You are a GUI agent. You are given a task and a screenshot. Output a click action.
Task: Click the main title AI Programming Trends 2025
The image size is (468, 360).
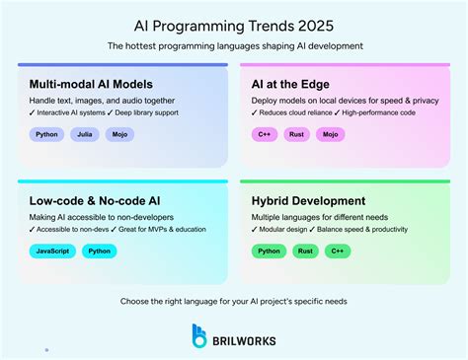point(234,22)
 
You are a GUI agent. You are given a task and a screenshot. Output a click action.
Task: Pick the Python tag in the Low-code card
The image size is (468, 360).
point(99,252)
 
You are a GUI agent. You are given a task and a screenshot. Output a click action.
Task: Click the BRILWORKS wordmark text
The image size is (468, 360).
point(246,340)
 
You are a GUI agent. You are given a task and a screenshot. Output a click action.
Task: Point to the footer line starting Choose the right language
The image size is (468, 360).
point(234,299)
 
